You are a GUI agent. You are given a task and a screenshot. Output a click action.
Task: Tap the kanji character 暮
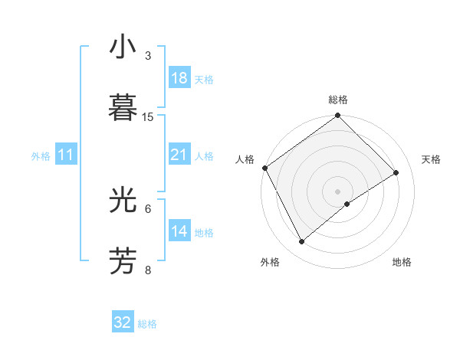[123, 107]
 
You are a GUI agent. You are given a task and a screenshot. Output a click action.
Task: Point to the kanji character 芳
[123, 260]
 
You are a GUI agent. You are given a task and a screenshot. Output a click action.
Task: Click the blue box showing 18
[179, 78]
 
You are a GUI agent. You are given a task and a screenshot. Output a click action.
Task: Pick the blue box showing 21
[179, 155]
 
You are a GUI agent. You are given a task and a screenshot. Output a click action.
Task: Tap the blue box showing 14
[179, 231]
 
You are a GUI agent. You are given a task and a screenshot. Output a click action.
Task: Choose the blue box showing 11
[66, 155]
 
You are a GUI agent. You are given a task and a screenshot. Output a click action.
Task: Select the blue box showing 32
[123, 322]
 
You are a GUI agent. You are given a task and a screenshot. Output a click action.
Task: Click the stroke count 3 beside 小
[148, 56]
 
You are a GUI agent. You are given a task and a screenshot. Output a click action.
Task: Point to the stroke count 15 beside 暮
[148, 117]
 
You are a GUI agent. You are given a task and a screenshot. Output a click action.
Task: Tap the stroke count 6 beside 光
[148, 208]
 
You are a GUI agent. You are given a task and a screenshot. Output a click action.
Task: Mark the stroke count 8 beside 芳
[148, 270]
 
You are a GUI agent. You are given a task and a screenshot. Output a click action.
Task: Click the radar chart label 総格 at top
[337, 100]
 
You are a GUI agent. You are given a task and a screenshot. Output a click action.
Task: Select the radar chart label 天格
[431, 159]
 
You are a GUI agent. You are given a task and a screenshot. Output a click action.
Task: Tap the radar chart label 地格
[402, 262]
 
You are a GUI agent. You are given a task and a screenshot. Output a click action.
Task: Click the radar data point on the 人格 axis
[264, 168]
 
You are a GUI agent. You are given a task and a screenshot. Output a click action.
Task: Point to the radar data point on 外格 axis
[302, 242]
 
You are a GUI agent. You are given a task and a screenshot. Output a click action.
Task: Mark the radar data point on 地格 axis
[347, 204]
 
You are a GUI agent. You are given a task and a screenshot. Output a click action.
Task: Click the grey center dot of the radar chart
[337, 191]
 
